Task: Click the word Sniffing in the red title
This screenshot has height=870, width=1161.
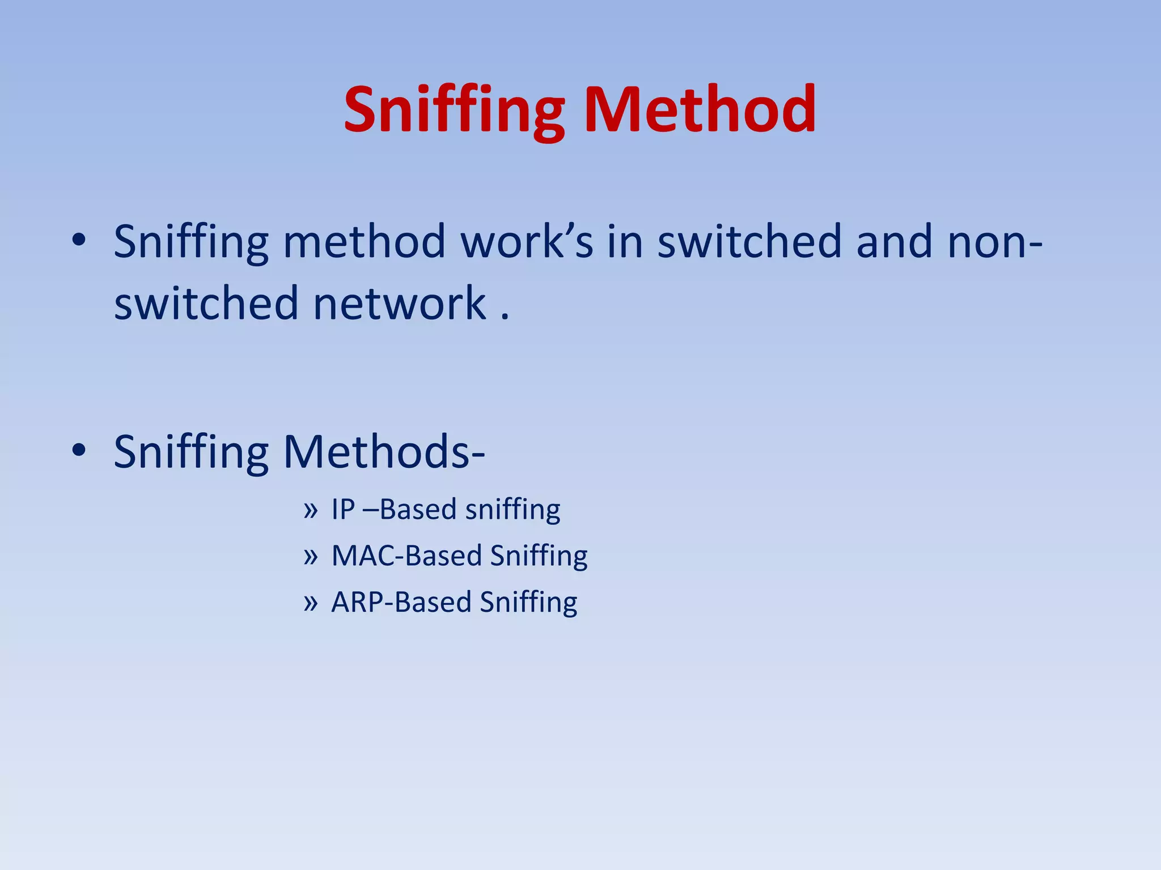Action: coord(454,110)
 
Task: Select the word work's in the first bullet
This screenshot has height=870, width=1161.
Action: coord(527,242)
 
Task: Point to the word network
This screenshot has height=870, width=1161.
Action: coord(400,304)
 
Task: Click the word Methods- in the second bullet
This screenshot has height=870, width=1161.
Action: coord(384,452)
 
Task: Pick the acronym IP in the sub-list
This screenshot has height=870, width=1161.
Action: coord(343,509)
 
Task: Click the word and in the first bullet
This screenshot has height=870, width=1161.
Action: coord(894,242)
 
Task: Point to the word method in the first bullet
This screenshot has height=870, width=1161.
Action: coord(364,242)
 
